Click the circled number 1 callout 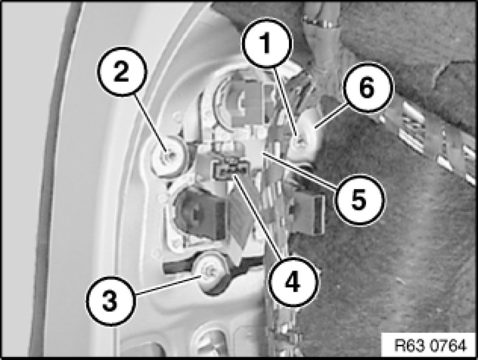[267, 43]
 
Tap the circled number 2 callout [122, 72]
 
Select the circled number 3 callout [110, 300]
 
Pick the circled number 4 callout [293, 281]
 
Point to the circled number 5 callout [359, 199]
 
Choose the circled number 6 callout [367, 88]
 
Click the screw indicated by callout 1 [300, 140]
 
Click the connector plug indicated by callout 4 [232, 170]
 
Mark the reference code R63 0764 [430, 345]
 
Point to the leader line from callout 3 [169, 285]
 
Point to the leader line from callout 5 [300, 170]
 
